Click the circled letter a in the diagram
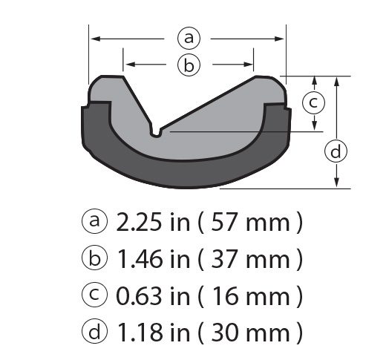189,36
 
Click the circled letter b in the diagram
189,65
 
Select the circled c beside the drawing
314,102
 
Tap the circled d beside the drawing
337,151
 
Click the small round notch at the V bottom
155,132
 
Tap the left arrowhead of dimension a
94,36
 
